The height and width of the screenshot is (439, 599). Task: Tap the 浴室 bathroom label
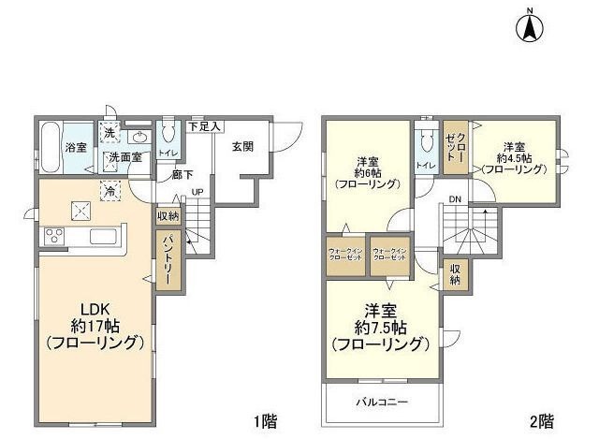[x=75, y=148]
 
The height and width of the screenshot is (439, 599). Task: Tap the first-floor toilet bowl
[x=168, y=135]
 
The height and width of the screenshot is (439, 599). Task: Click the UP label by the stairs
[x=198, y=194]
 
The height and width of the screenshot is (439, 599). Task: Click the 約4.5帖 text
[x=513, y=158]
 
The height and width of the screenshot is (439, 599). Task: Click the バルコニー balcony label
[x=385, y=403]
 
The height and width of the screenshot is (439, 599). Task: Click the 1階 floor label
[x=264, y=421]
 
